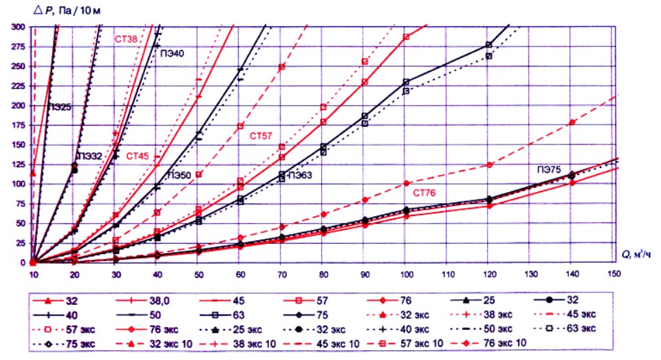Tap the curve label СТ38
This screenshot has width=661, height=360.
tap(127, 39)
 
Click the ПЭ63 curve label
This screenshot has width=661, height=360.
tap(300, 176)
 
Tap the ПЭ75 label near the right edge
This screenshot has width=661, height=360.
tap(551, 169)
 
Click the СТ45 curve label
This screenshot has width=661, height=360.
tap(138, 156)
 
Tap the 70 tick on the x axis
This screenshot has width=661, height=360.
tap(281, 273)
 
